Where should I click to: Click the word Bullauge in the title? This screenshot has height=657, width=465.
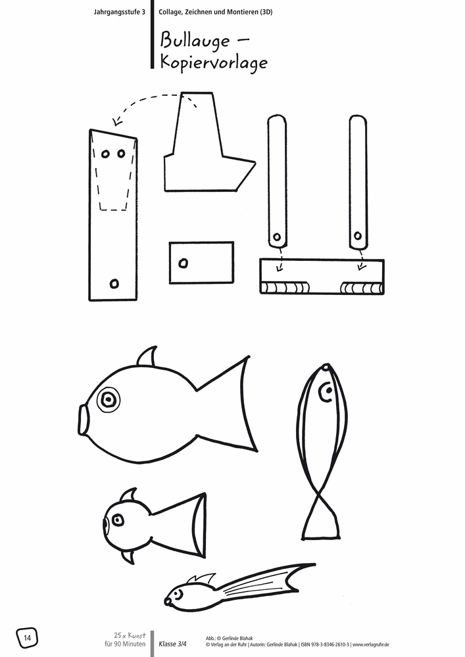pos(195,41)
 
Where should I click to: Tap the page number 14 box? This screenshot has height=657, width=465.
pos(27,637)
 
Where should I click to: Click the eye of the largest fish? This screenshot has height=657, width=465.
pos(109,398)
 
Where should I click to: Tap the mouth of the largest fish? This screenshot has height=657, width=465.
pos(83,419)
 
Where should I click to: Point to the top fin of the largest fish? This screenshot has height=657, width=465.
pos(147,357)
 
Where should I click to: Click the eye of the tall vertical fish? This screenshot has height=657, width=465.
pos(325,394)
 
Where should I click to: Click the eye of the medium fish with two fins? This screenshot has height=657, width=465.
pos(118,520)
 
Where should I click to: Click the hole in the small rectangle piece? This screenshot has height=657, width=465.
pos(183,263)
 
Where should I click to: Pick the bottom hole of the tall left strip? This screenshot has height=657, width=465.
pos(114,283)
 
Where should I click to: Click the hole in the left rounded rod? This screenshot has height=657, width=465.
pos(277,237)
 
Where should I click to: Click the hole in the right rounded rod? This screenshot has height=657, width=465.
pos(358,235)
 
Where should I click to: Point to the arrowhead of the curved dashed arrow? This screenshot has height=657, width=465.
pos(116,122)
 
